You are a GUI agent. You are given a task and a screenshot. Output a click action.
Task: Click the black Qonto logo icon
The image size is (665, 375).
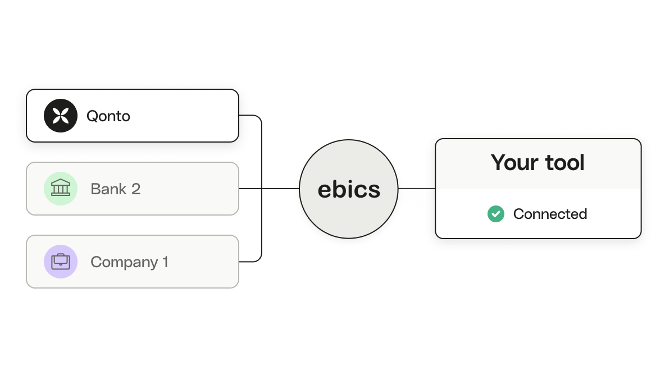coord(61,116)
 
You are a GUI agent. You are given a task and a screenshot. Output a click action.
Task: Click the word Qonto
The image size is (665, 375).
coord(108,116)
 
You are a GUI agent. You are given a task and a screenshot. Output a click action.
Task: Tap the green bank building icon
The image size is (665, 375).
coord(61,189)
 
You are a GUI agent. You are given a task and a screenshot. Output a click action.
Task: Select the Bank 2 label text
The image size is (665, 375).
coord(115,189)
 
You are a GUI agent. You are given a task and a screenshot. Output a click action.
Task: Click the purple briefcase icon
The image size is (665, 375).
coord(61,262)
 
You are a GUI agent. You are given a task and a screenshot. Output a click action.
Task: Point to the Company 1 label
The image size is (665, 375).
coord(129,262)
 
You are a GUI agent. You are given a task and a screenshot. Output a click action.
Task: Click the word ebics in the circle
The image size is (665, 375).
coord(349,189)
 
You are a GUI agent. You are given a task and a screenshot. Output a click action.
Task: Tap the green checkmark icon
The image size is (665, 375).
coord(496,214)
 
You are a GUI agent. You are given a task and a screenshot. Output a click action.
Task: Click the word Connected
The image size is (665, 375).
coord(550,214)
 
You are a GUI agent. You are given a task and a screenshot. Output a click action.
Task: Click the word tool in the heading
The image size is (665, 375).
coord(565,163)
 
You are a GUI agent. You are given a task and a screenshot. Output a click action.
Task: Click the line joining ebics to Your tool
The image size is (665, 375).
coord(417,189)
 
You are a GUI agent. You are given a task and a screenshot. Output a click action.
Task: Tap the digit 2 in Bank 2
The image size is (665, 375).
coord(136,189)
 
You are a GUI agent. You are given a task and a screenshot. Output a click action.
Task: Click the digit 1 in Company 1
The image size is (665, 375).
coord(166,262)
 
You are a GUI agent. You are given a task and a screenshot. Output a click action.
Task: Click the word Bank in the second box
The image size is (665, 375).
coord(108,189)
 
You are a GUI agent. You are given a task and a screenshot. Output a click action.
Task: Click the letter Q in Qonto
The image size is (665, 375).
coord(92,117)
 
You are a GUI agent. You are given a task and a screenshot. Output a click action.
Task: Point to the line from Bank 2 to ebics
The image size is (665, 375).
coord(269,189)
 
